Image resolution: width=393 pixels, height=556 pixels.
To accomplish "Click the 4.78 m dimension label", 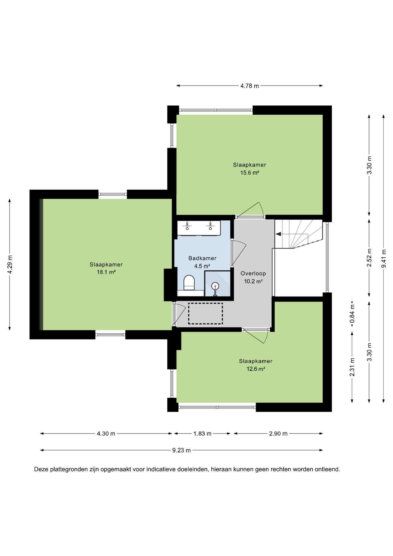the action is (x=249, y=86).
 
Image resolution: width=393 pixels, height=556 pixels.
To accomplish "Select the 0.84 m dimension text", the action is (x=352, y=314).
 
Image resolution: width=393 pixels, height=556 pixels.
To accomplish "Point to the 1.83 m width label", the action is (x=202, y=434).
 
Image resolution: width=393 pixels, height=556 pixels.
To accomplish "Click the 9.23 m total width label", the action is (x=181, y=450).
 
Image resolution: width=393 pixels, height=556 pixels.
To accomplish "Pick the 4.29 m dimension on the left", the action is (x=10, y=264).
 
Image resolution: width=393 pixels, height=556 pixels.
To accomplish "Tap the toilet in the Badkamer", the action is (x=189, y=282).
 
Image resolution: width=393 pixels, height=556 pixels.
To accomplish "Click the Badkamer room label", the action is (x=202, y=258).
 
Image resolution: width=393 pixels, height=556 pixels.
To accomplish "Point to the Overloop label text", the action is (x=253, y=273).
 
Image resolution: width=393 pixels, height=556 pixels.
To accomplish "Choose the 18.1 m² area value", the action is (x=106, y=272).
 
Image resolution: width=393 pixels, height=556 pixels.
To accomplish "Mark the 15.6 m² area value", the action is (x=249, y=173).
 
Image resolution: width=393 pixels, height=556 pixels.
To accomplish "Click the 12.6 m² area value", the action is (x=256, y=369).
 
